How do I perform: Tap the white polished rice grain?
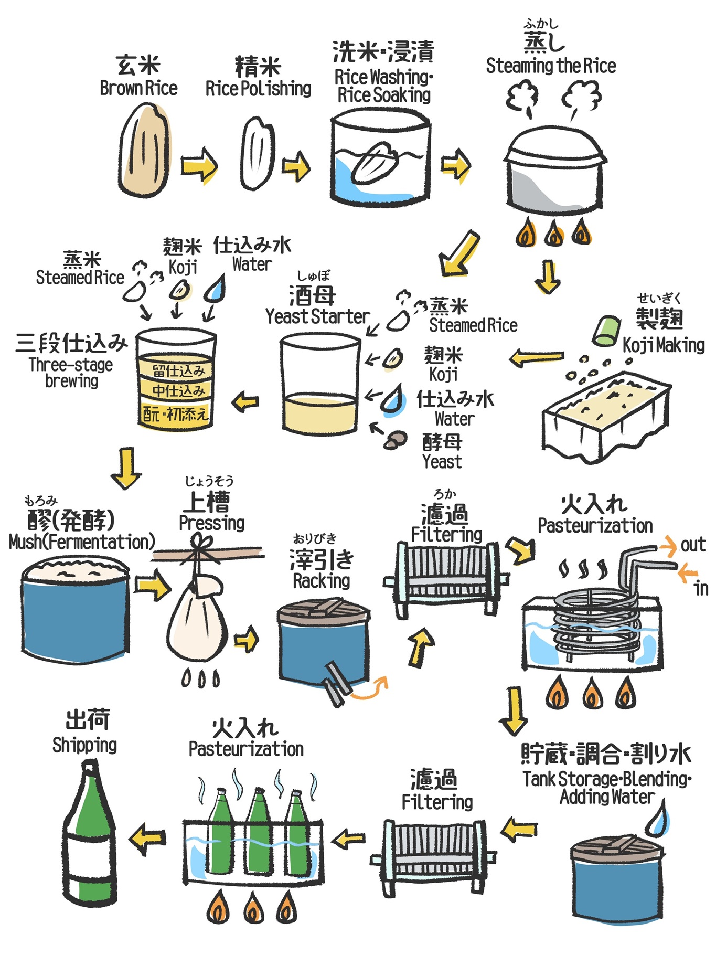tap(258, 153)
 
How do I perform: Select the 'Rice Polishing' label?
tap(258, 89)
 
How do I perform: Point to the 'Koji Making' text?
tap(664, 345)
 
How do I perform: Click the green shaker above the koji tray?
tap(606, 331)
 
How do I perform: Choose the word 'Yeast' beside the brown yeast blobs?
tap(442, 462)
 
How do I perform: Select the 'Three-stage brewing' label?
tap(71, 373)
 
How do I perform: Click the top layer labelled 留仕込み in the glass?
tap(177, 370)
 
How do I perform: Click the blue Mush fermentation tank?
tap(75, 619)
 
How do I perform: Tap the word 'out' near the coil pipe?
tap(693, 545)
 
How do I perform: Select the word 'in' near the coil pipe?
tap(701, 589)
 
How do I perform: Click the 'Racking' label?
tap(322, 581)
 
